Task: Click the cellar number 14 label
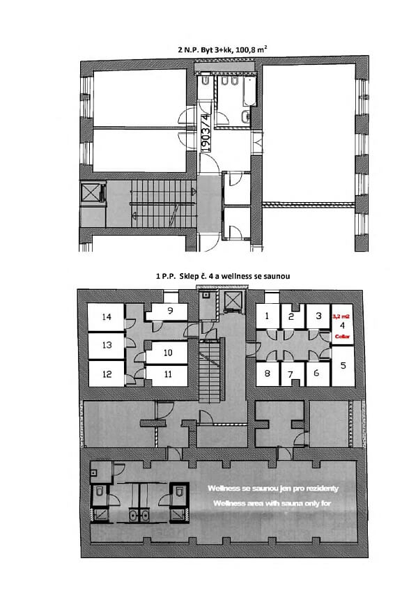(107, 317)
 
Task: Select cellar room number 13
(107, 345)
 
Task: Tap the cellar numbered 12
(107, 374)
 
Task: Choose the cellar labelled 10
(168, 353)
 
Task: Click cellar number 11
(168, 374)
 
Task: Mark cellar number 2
(291, 316)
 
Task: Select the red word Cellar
(341, 335)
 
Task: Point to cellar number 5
(342, 364)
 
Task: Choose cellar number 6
(317, 373)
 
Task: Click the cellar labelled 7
(291, 374)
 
